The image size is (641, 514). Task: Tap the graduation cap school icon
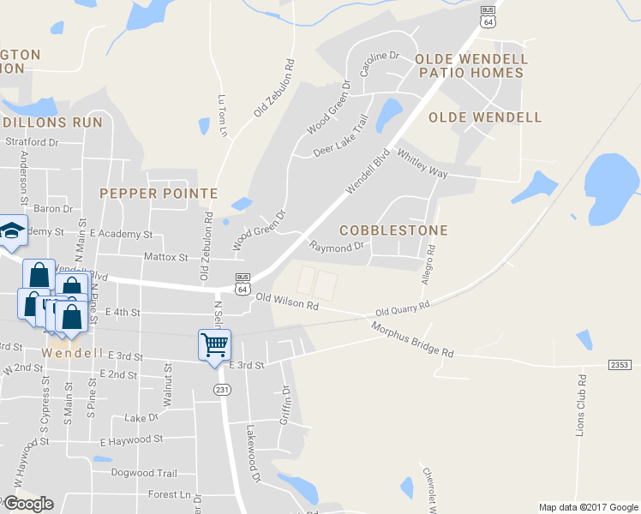coord(12,230)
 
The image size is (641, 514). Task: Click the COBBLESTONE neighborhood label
coord(393,230)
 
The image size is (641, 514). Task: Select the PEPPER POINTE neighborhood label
coord(159,194)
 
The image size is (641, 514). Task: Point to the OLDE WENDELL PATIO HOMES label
coord(470,66)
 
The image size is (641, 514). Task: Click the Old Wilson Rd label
coord(287,301)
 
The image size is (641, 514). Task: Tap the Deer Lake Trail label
coord(340,137)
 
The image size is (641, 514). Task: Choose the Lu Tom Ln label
coord(223,115)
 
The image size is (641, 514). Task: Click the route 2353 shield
coord(620,365)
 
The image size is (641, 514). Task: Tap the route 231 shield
coord(220,390)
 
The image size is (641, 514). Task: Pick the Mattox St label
coord(165,256)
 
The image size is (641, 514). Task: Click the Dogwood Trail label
coord(144,473)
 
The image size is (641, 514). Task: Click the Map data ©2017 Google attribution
coord(588,507)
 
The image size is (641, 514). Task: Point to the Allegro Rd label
coord(430,265)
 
